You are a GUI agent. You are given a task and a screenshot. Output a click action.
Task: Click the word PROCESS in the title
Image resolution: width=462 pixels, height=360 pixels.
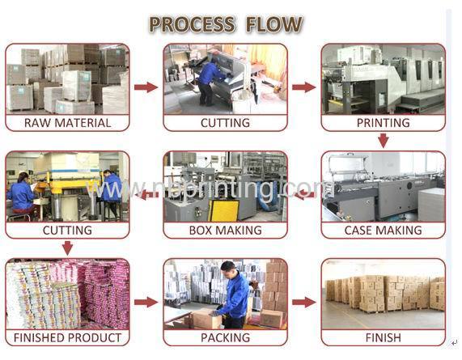193,23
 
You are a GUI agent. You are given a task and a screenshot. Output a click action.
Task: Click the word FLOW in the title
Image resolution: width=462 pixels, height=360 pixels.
274,23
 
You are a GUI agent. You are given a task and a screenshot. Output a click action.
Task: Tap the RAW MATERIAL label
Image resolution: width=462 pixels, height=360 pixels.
67,123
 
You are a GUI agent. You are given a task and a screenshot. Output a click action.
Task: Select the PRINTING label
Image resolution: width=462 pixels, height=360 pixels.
383,123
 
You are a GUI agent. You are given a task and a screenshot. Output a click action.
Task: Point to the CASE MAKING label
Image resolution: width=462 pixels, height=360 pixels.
383,230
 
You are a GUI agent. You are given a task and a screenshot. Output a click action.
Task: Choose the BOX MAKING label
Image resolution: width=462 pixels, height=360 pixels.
226,230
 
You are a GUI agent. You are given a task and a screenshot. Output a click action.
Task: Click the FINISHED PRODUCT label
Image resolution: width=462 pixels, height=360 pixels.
67,337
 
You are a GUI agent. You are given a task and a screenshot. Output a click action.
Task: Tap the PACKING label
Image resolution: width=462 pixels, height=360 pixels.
226,337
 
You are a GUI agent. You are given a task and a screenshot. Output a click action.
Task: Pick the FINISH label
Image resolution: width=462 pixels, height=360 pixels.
383,337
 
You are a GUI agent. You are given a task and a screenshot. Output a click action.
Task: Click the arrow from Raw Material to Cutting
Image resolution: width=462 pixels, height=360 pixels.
146,87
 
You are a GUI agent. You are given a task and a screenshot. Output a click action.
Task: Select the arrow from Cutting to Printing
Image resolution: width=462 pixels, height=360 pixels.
304,87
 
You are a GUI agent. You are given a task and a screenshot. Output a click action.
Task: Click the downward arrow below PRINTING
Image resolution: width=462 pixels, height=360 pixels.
383,141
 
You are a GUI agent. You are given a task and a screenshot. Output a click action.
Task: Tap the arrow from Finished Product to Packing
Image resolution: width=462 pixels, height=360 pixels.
146,303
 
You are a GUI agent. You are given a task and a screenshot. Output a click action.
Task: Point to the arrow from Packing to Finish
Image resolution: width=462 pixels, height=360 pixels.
304,303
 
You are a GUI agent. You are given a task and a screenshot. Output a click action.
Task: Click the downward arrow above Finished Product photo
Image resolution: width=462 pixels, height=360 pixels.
67,248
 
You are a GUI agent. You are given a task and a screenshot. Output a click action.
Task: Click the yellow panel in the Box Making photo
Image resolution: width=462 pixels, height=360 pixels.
224,210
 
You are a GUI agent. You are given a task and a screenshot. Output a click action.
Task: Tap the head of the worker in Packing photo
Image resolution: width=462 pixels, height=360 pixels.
228,268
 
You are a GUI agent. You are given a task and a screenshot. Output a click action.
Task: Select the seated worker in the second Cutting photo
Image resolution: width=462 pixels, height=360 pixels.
22,196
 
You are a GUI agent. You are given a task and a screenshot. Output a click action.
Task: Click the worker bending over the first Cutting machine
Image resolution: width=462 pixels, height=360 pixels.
210,81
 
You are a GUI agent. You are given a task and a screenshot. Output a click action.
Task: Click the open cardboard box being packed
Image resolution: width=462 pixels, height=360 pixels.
206,319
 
